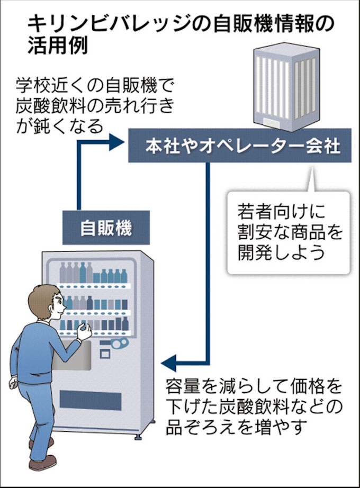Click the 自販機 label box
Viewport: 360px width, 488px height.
pyautogui.click(x=106, y=228)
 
